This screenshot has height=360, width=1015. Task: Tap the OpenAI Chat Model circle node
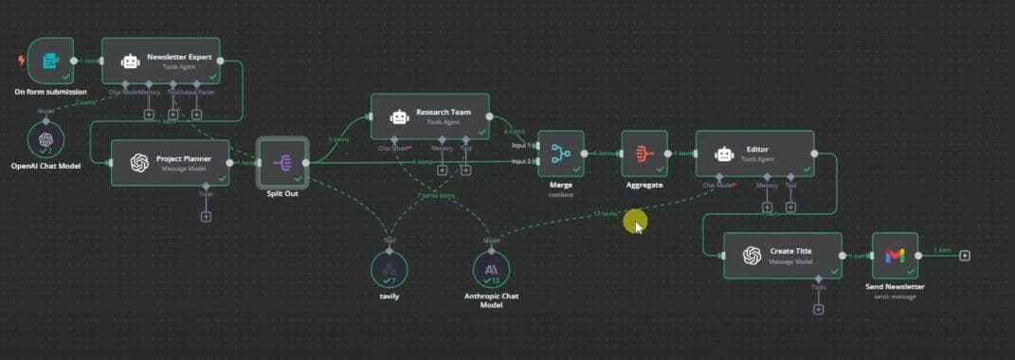point(45,140)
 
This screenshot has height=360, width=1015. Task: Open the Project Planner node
point(171,162)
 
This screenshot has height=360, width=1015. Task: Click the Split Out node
point(282,163)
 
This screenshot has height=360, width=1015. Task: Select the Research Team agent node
point(429,117)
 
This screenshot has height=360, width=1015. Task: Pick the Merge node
point(560,153)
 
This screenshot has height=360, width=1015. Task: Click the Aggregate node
point(644,153)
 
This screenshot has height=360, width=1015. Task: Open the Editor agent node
point(754,153)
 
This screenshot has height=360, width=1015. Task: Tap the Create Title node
point(782,255)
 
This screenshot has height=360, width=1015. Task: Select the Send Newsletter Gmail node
point(895,255)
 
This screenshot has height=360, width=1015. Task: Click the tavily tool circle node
point(389,272)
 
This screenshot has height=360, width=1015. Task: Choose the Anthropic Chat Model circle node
point(491,272)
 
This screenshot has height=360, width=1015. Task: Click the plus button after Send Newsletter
point(964,255)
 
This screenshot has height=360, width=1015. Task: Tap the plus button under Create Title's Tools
point(819,309)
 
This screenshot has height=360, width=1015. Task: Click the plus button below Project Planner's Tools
point(206,216)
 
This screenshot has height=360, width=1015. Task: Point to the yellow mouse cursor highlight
point(634,223)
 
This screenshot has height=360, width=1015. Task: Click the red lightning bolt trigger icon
point(22,61)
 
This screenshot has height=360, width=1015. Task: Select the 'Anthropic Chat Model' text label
point(491,300)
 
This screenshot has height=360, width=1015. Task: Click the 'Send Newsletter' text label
point(895,286)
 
